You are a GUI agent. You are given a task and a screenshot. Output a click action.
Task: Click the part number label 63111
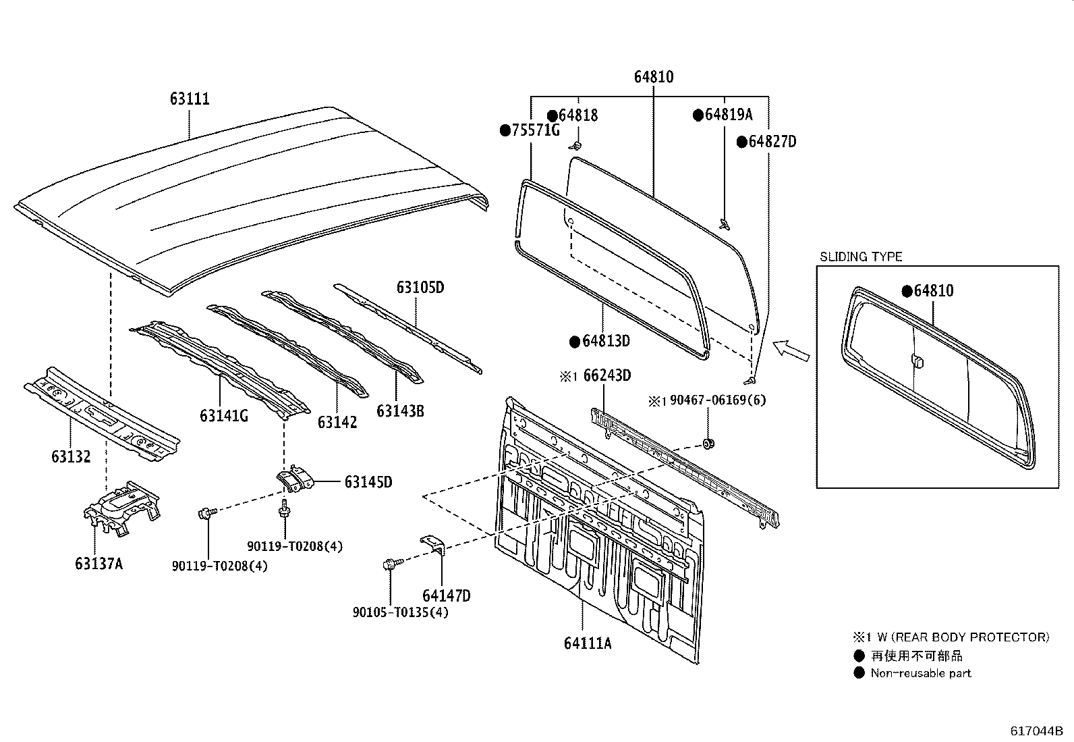tap(190, 99)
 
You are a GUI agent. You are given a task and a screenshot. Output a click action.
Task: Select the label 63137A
tap(98, 563)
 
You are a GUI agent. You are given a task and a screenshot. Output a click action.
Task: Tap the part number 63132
tap(70, 456)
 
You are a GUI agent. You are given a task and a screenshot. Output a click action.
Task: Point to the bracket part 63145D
tap(295, 481)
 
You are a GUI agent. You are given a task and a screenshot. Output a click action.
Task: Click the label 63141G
tap(223, 415)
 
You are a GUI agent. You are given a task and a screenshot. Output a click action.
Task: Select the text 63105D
tap(420, 288)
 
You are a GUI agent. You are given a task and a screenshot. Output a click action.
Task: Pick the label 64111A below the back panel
tap(587, 643)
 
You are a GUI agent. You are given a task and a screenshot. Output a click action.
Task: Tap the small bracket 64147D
tap(434, 545)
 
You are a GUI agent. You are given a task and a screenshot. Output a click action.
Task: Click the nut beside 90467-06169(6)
tap(708, 444)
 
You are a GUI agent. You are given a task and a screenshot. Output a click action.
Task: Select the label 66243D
tap(606, 375)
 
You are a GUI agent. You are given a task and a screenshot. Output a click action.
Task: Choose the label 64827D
tap(772, 142)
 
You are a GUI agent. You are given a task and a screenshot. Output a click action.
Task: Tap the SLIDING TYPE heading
tap(860, 257)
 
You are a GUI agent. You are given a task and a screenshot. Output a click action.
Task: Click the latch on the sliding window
tap(917, 362)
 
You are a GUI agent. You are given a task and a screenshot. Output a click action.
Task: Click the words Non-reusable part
tap(920, 672)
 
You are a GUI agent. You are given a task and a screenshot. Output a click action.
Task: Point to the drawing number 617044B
tap(1036, 731)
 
